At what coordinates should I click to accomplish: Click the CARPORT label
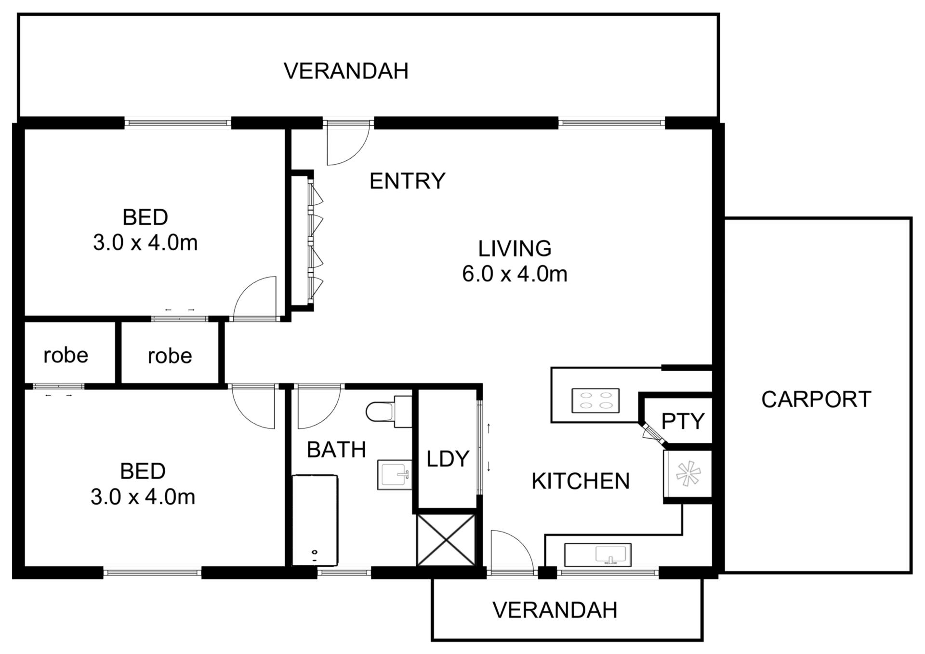point(816,400)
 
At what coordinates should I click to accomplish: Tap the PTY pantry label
point(683,421)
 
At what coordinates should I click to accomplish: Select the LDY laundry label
point(448,459)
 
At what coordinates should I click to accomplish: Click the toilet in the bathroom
point(388,412)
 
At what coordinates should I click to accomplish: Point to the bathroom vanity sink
point(395,475)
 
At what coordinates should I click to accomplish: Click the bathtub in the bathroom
point(315,520)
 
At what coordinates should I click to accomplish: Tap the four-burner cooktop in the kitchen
point(595,400)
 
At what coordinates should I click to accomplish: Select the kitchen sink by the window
point(598,555)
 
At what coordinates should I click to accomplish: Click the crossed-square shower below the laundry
point(446,540)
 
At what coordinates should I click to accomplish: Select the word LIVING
point(515,249)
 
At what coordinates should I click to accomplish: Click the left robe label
point(66,356)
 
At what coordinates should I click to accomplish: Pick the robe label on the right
point(170,356)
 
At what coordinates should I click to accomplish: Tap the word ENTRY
point(407,181)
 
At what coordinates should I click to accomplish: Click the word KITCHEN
point(581,481)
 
